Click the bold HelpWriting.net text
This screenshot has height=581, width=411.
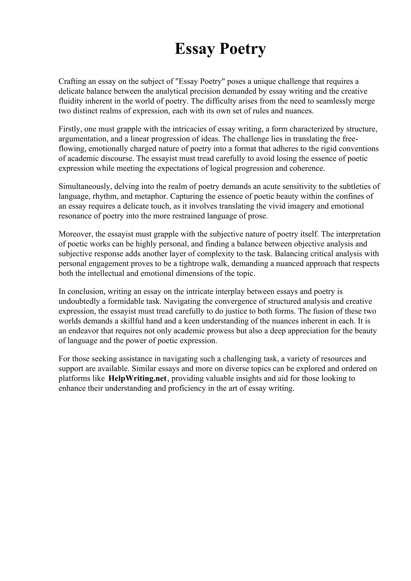(x=137, y=379)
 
